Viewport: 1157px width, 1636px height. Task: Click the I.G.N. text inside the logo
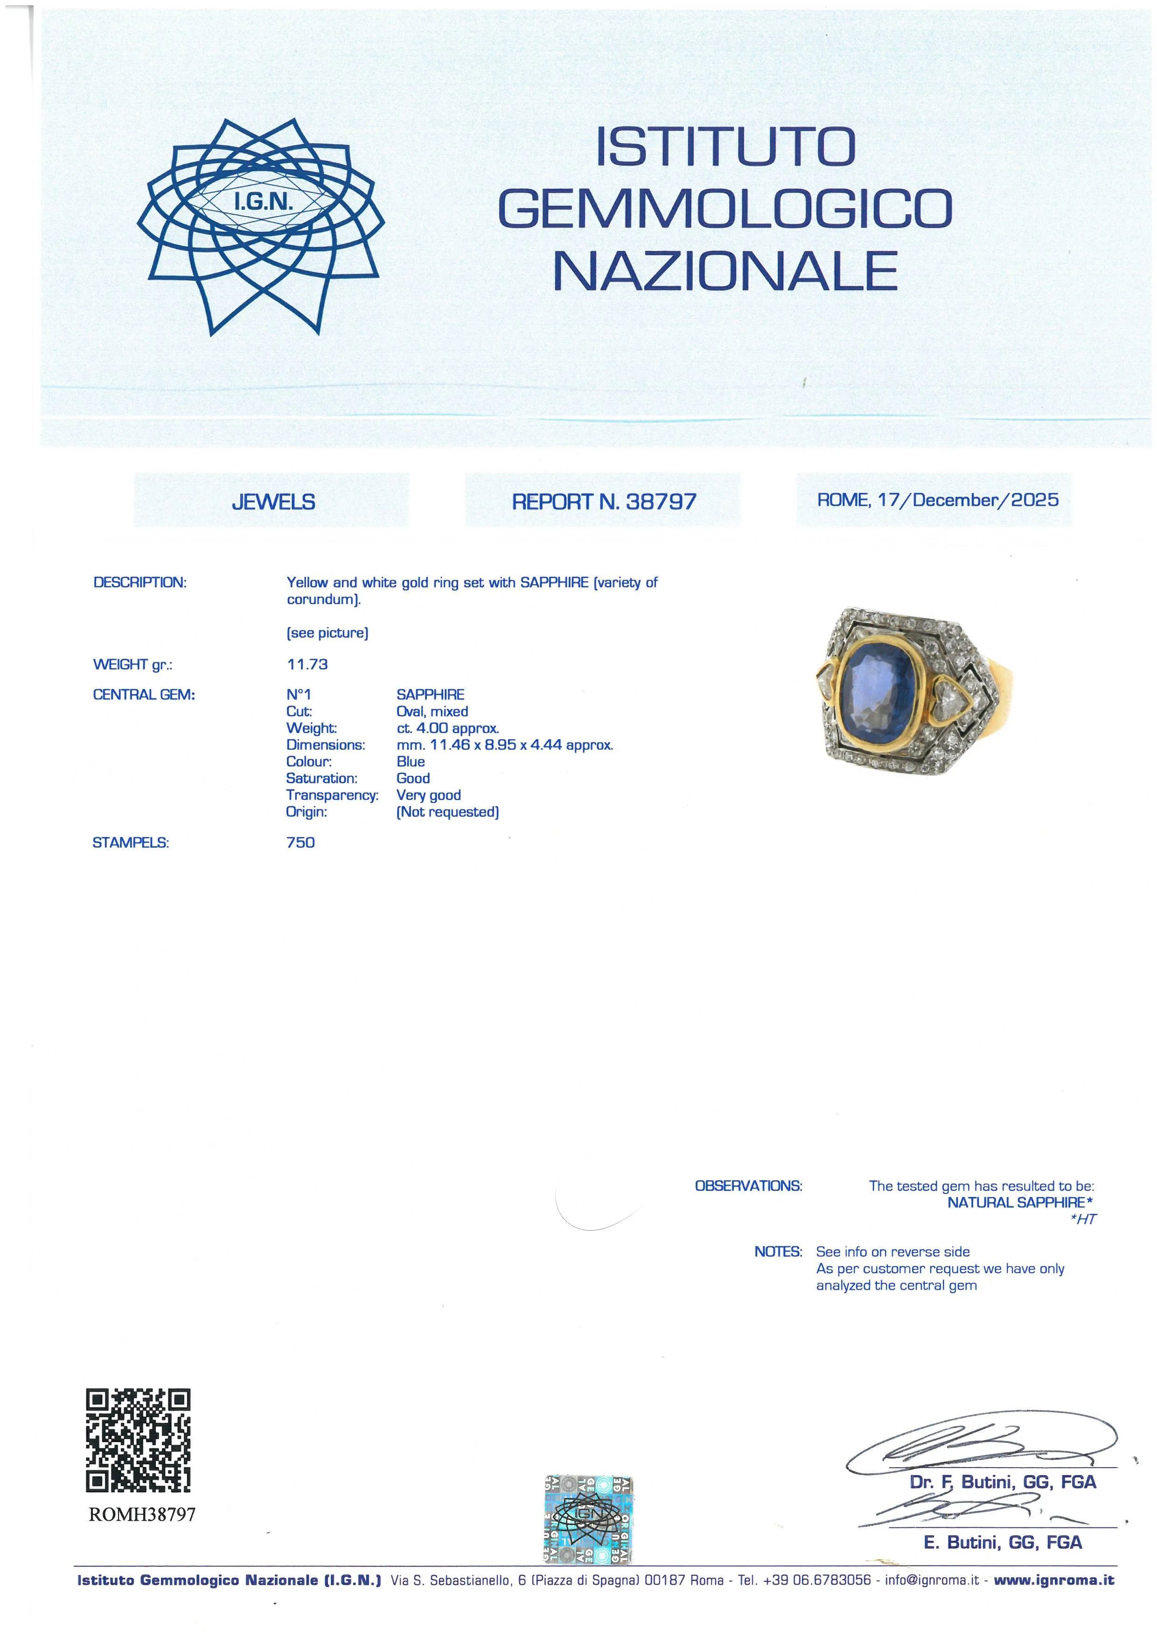click(x=264, y=203)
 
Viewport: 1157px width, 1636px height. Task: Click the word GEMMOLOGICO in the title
click(x=725, y=209)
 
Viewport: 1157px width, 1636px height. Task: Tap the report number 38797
click(x=661, y=501)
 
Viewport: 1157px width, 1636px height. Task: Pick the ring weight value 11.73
click(x=307, y=664)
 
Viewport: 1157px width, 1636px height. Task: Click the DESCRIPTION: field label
click(x=139, y=582)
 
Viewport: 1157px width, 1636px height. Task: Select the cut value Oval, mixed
click(x=432, y=711)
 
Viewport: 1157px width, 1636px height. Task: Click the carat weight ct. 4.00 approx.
click(x=447, y=728)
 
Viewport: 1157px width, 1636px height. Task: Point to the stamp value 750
click(x=300, y=842)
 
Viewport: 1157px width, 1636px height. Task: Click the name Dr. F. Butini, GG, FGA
click(x=1003, y=1482)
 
